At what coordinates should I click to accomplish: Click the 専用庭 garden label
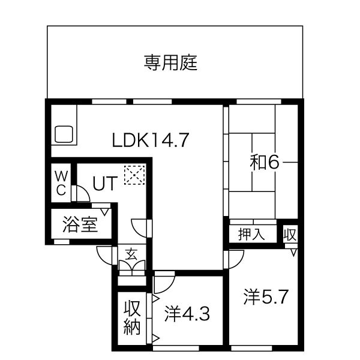170,62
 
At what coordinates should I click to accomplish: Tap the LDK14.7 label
151,140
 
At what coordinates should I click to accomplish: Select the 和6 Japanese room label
265,163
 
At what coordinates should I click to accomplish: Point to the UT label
105,183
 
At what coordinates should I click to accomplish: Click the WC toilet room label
61,183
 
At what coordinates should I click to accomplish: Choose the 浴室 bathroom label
80,224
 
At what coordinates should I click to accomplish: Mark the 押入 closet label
251,234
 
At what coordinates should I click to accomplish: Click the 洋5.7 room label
266,297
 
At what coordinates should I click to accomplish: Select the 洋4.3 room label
187,314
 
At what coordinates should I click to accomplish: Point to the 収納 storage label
132,317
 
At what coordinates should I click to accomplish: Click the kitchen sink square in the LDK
64,134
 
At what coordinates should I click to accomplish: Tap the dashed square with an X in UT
134,175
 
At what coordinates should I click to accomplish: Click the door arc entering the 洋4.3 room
169,287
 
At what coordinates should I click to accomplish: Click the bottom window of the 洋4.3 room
176,348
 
